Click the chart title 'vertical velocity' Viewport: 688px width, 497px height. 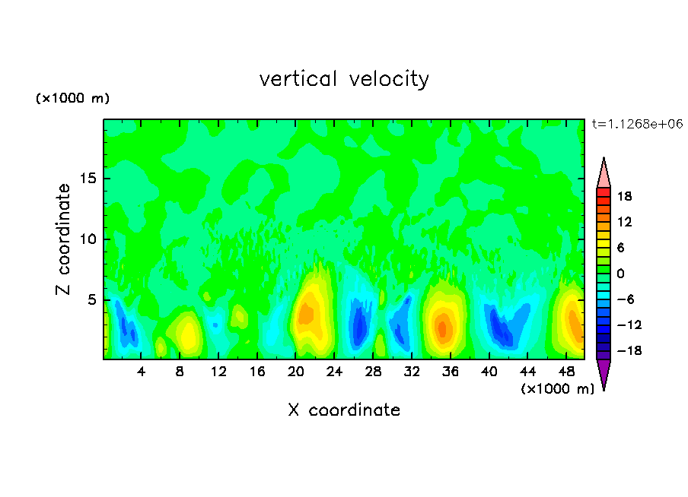(x=344, y=79)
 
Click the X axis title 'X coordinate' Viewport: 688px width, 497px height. (x=344, y=410)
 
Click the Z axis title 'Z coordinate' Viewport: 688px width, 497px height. (x=64, y=239)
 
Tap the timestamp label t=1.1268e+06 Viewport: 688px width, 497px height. (x=637, y=124)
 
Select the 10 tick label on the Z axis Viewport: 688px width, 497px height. (x=85, y=239)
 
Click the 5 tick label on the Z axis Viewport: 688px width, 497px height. (x=89, y=299)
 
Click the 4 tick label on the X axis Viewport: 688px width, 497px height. (x=142, y=372)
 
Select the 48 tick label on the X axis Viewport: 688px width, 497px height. (x=566, y=372)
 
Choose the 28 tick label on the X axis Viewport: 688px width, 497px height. (x=373, y=372)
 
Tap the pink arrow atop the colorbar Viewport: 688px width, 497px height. (x=604, y=173)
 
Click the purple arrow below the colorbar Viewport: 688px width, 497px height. (x=604, y=373)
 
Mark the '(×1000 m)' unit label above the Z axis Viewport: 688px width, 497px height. (x=73, y=99)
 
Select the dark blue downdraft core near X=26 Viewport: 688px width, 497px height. (x=358, y=323)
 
